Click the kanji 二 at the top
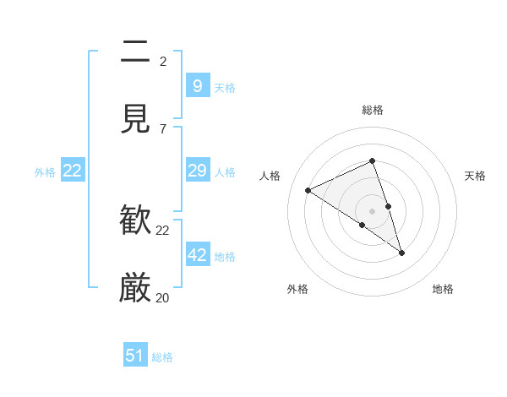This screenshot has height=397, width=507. [x=135, y=52]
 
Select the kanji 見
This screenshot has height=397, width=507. [x=135, y=120]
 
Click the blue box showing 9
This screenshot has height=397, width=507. [x=197, y=86]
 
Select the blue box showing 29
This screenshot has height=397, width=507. [x=197, y=171]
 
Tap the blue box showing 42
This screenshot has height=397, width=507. [x=198, y=255]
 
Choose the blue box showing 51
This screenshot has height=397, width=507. [x=135, y=356]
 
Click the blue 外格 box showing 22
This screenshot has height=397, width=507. [x=73, y=171]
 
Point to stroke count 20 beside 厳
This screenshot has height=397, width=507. [x=163, y=297]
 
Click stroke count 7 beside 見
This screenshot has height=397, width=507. [x=163, y=128]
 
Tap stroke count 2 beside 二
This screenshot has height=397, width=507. [x=163, y=61]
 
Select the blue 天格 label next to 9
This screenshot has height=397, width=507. [x=225, y=87]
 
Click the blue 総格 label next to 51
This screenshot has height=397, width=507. [x=162, y=357]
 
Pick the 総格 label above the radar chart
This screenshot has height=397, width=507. [x=373, y=110]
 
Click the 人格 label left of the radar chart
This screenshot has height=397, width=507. [x=270, y=176]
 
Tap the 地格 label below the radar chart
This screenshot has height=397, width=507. [x=443, y=289]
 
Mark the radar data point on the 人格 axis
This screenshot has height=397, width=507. [x=308, y=191]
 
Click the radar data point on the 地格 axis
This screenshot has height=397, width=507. [x=401, y=252]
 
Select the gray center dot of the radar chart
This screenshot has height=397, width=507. [x=373, y=211]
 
